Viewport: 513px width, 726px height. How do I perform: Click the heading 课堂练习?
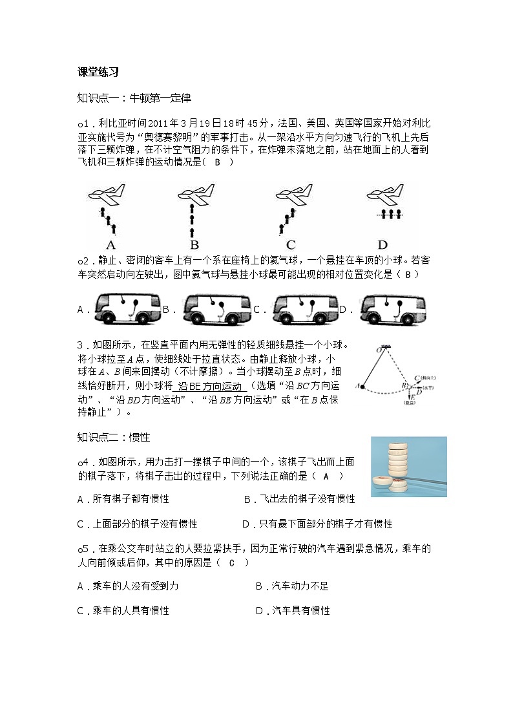97,72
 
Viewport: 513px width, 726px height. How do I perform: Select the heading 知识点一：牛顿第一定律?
134,98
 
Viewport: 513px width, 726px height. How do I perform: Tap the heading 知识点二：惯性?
113,438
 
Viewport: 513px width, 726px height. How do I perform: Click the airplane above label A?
108,195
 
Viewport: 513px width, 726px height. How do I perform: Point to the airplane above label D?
385,192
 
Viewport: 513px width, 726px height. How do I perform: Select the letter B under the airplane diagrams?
194,245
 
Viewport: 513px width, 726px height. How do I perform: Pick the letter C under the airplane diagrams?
291,245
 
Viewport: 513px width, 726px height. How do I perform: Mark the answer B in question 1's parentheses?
217,163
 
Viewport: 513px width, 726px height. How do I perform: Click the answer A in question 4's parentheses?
326,476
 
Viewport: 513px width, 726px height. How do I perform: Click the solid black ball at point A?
362,387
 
